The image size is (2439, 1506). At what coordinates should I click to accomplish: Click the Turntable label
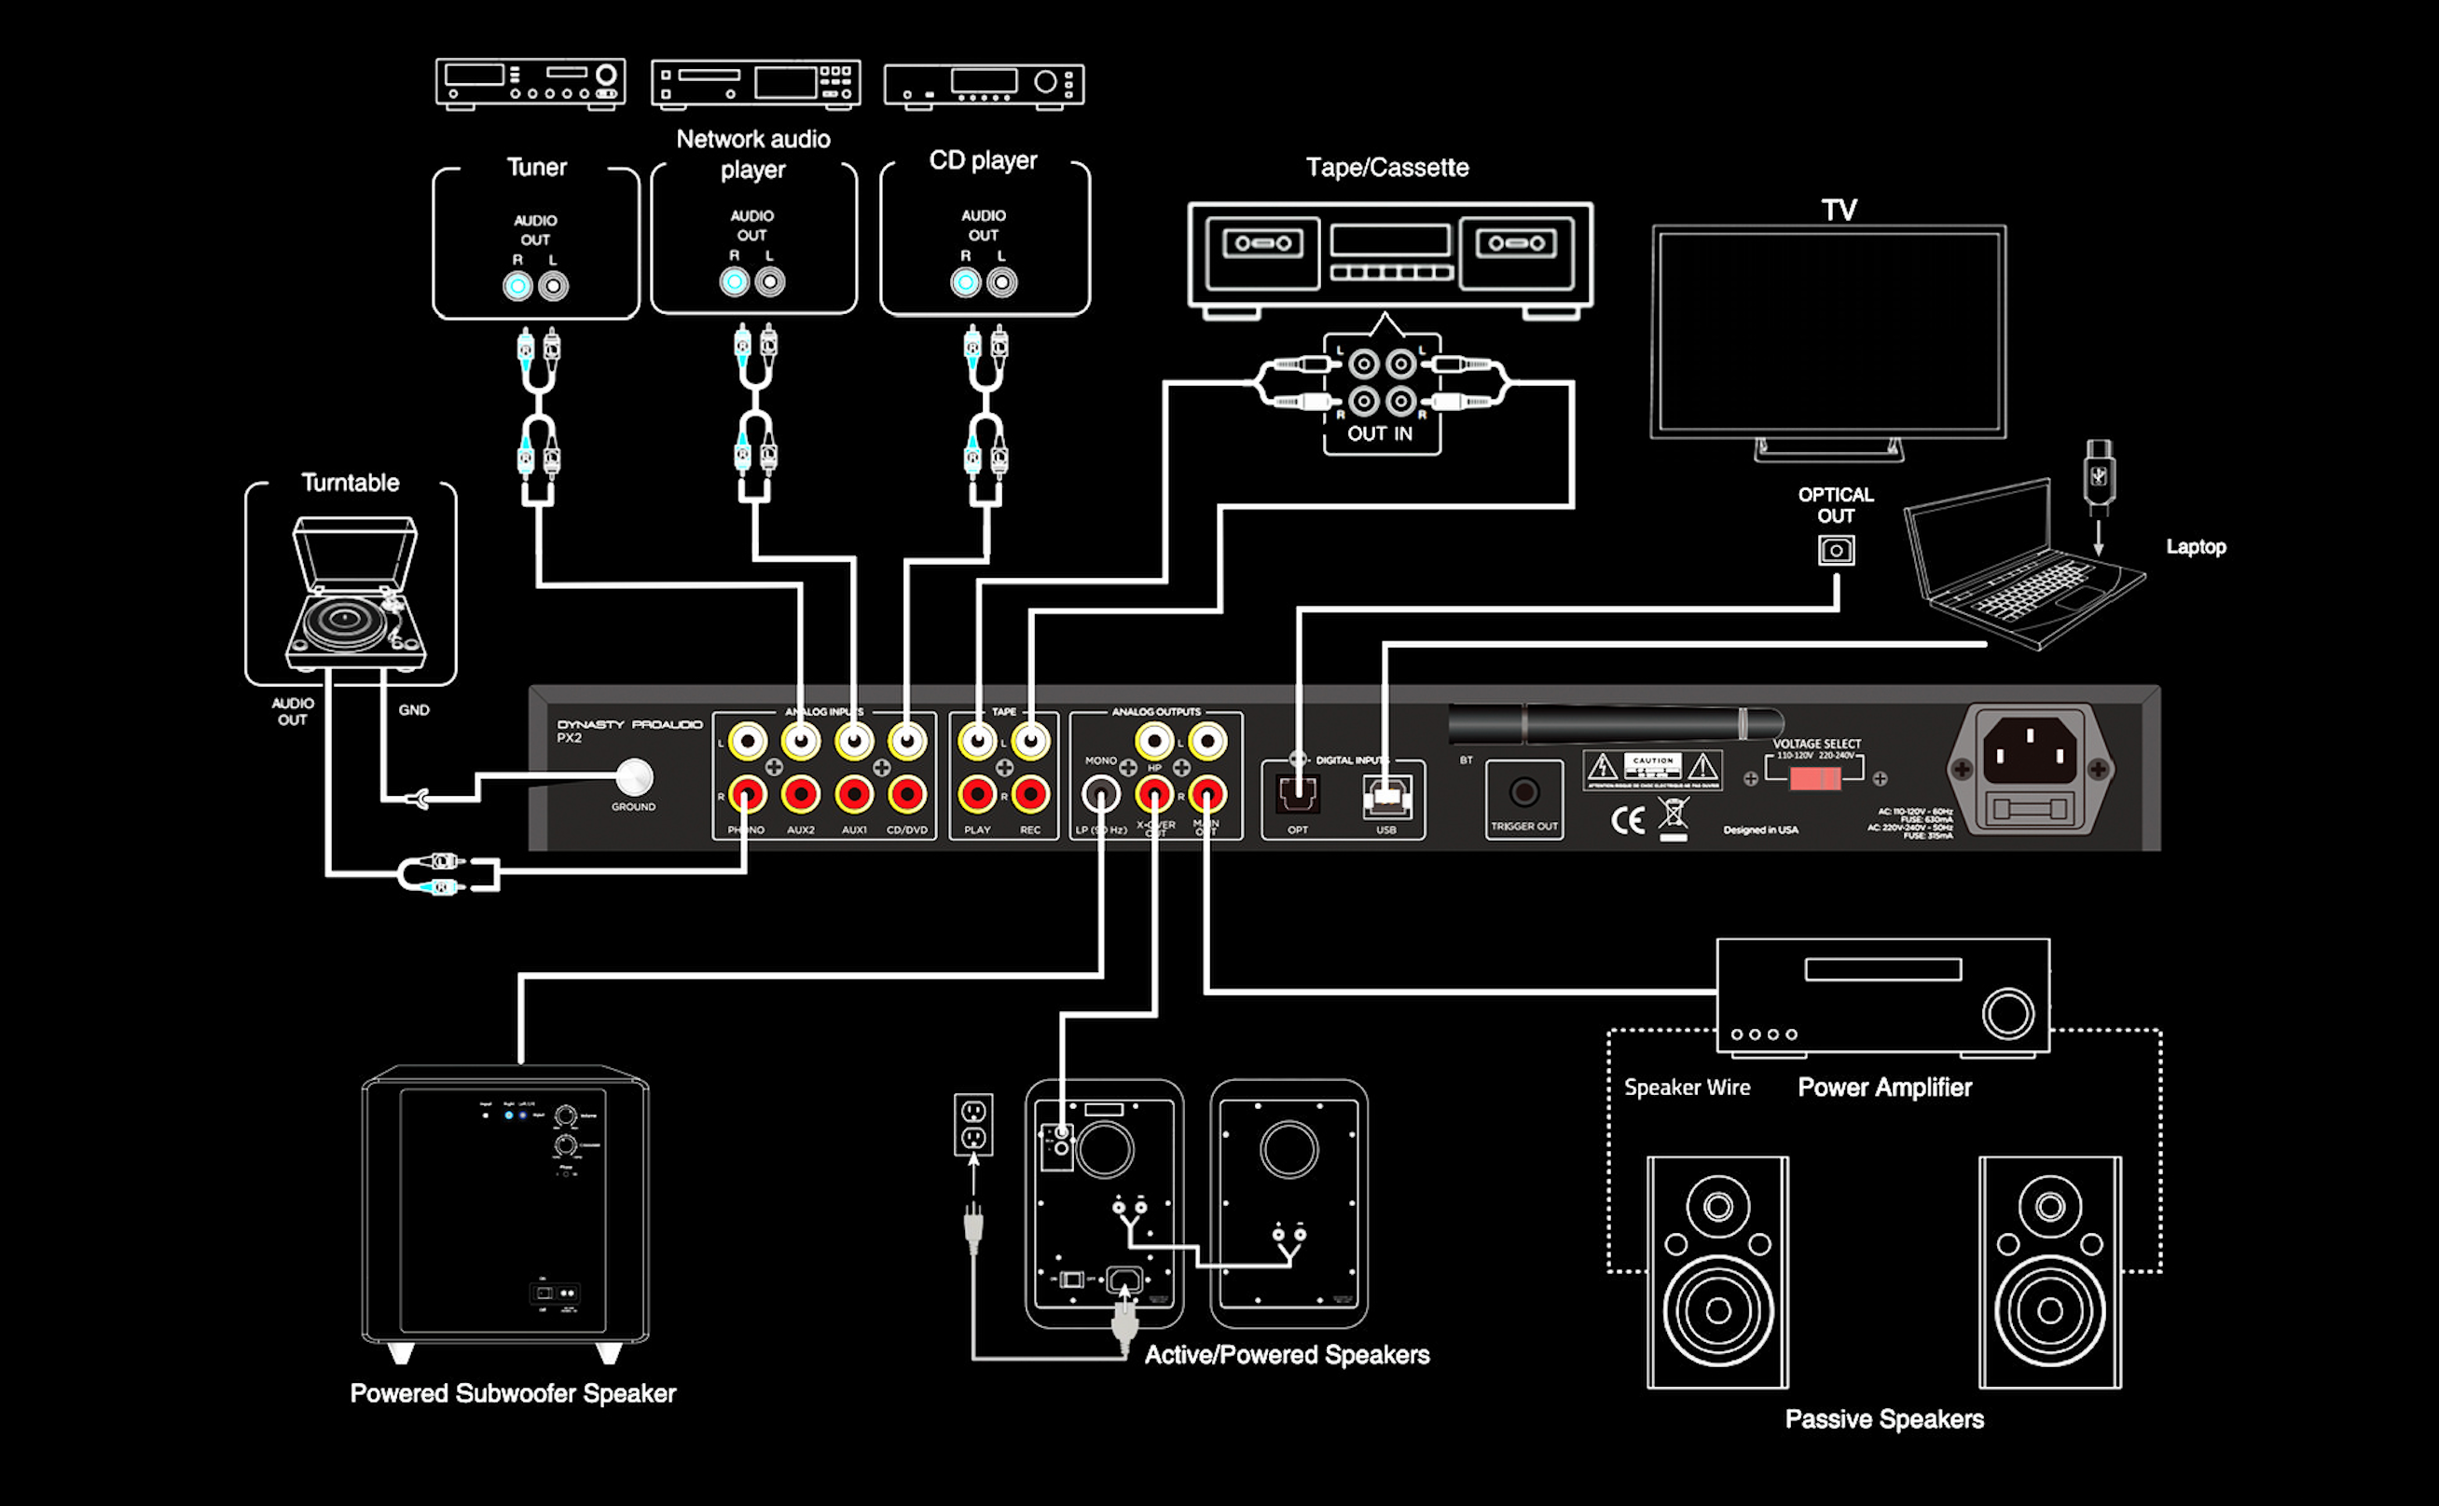click(350, 483)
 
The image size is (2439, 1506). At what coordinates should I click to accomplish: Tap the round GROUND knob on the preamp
click(634, 777)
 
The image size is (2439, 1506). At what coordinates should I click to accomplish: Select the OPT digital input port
click(1297, 795)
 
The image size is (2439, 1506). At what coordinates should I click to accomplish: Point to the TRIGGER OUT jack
click(1523, 793)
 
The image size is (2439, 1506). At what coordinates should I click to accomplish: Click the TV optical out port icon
click(1835, 551)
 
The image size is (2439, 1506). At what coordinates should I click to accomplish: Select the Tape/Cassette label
click(1387, 168)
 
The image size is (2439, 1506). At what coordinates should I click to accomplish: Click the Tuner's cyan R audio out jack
click(517, 287)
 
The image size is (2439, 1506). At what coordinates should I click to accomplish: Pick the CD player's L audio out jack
click(1001, 283)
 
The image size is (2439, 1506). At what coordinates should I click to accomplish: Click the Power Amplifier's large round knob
click(2006, 1014)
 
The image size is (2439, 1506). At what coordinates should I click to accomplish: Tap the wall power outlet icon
click(972, 1124)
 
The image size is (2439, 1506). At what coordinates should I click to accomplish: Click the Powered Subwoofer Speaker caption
click(512, 1393)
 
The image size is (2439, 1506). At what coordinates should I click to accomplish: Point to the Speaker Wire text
click(1687, 1088)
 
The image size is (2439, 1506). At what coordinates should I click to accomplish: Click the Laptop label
click(2195, 547)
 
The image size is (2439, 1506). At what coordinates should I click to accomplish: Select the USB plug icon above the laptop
click(2099, 476)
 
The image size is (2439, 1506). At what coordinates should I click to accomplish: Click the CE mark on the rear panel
click(1627, 821)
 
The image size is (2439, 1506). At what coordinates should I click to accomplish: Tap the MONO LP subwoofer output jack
click(1100, 795)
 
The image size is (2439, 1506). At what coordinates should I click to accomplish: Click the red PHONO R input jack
click(747, 795)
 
